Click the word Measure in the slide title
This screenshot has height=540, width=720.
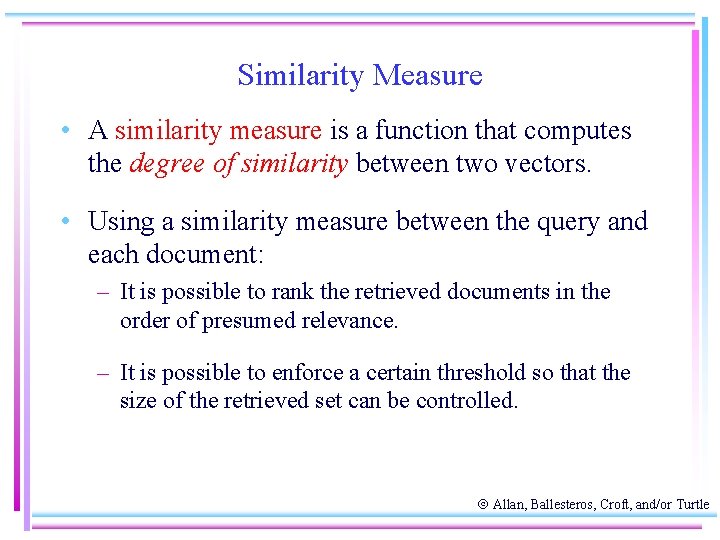tap(428, 76)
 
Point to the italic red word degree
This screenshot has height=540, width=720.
tap(168, 164)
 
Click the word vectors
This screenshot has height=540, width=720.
tap(549, 164)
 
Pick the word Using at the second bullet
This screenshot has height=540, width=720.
tap(121, 222)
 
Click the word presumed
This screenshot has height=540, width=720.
tap(231, 321)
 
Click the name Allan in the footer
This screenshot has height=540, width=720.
tap(511, 505)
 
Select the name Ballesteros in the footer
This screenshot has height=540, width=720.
tap(568, 505)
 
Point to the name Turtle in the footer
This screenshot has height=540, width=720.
tap(692, 505)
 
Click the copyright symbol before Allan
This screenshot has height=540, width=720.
tap(482, 505)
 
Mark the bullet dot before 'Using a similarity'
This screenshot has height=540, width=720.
tap(64, 222)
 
